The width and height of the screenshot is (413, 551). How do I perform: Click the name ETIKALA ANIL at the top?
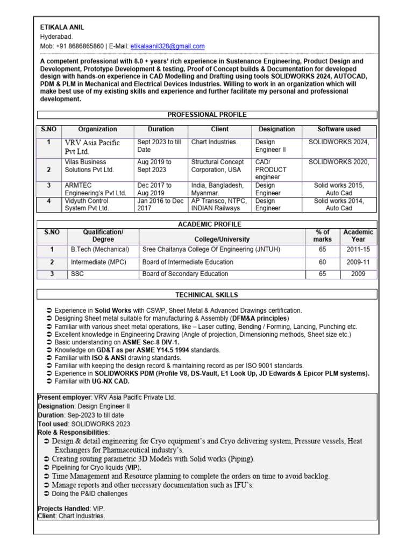coord(62,27)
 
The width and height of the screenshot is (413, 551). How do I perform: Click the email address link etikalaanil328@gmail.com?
coord(167,46)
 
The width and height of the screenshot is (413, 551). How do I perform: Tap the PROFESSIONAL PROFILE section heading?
coord(207,115)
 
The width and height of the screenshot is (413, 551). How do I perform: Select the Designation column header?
coord(276,129)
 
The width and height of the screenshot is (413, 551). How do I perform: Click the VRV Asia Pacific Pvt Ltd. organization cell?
coord(92,147)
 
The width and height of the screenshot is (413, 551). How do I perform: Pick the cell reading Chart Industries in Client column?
coord(214,142)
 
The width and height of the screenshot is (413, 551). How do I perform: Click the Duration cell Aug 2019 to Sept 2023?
coord(154,166)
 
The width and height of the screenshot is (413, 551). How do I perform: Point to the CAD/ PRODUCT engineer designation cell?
coord(270,169)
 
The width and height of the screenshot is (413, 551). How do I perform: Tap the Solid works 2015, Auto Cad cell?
coord(339,189)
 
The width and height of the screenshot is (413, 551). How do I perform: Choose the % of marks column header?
coord(323,236)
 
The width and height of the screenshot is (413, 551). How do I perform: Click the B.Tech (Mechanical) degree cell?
coord(100,250)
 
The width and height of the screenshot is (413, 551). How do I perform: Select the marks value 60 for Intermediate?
coord(322,262)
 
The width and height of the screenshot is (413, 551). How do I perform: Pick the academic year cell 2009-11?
coord(358,262)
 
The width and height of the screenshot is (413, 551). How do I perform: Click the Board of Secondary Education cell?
coord(185,274)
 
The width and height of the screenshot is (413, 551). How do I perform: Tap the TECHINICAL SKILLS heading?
coord(206,295)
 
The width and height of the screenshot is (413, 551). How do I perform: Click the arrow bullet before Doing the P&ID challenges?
coord(47,494)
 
